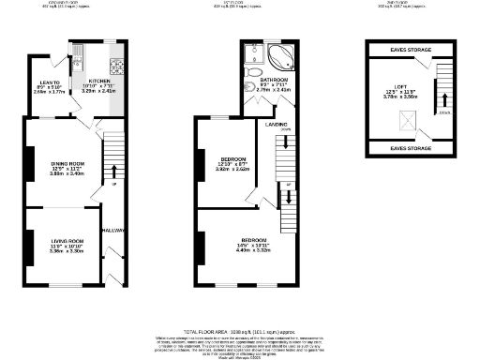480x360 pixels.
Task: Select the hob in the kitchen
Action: click(x=116, y=67)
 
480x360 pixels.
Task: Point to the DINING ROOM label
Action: click(x=67, y=164)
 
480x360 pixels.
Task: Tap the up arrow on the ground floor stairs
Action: click(x=114, y=172)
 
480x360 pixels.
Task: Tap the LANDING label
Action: click(x=276, y=124)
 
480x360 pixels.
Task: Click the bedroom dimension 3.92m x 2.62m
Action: click(x=232, y=170)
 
